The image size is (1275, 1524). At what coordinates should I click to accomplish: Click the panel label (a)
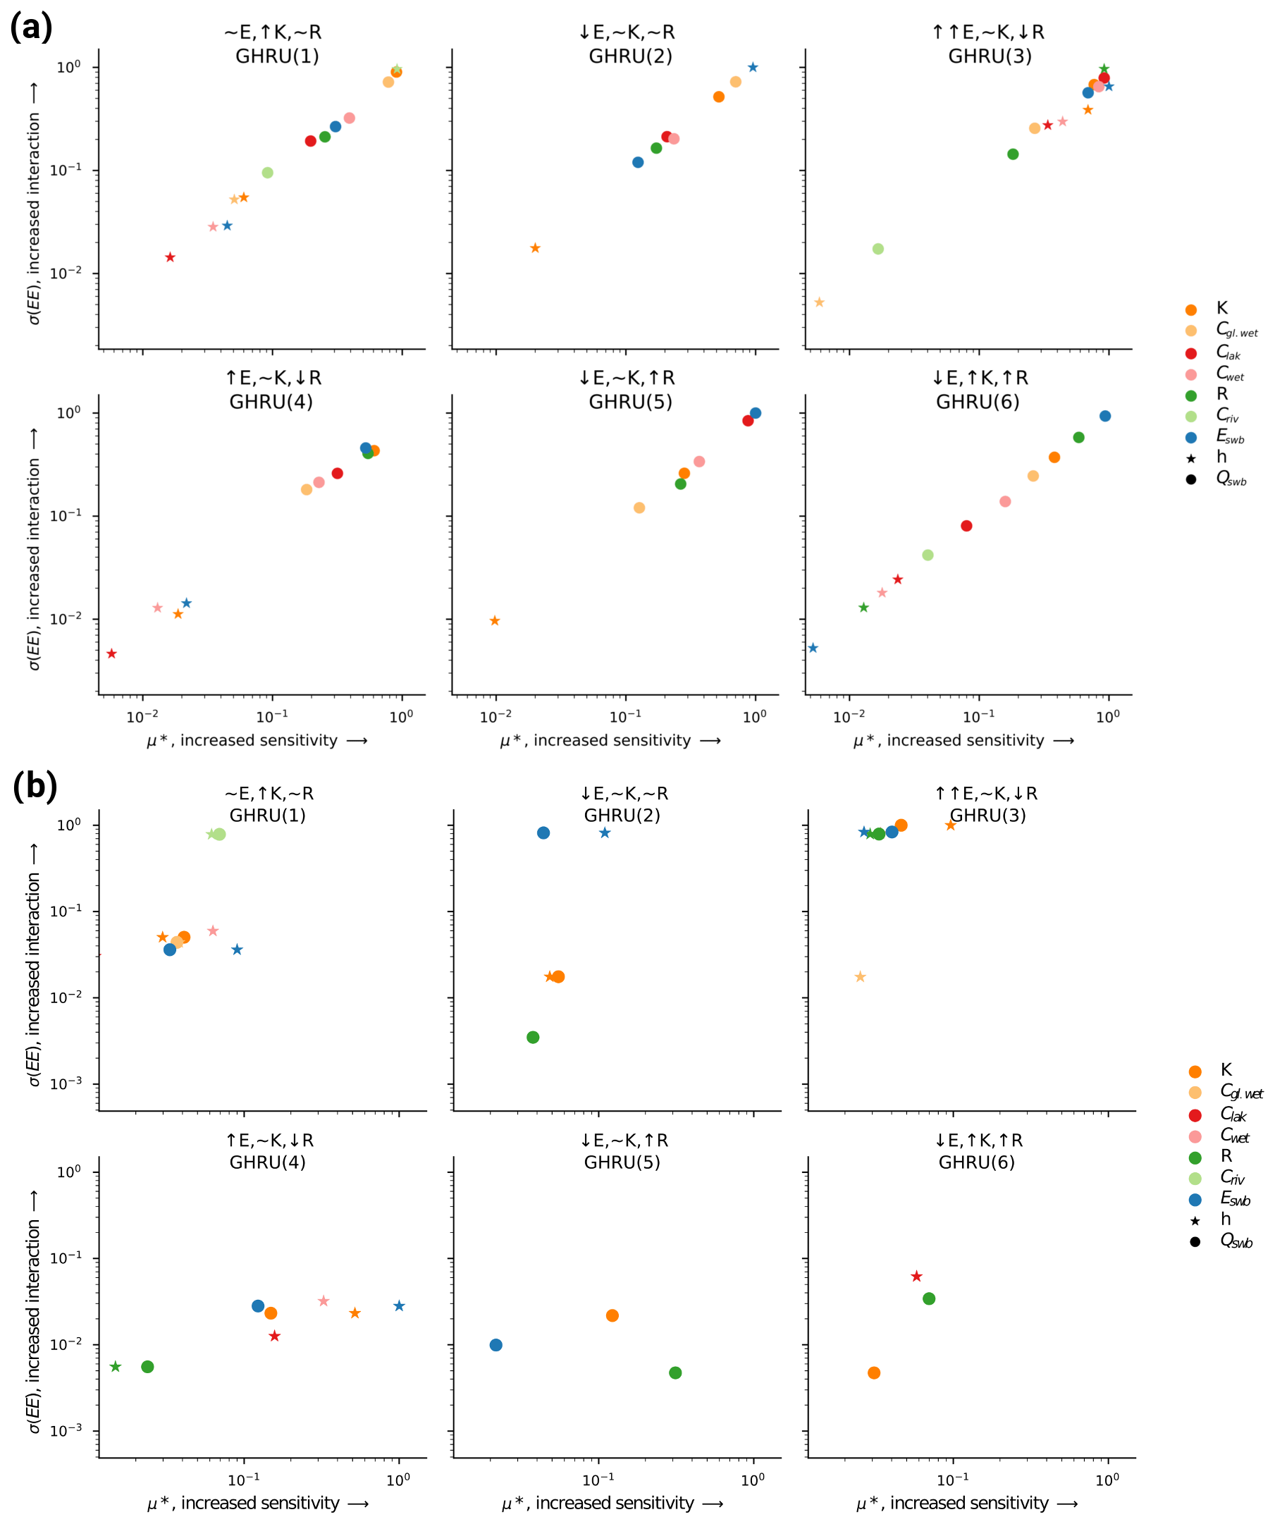pyautogui.click(x=31, y=27)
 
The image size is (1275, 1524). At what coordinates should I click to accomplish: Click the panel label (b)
pyautogui.click(x=35, y=786)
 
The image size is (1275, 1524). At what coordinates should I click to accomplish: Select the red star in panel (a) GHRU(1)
pyautogui.click(x=170, y=257)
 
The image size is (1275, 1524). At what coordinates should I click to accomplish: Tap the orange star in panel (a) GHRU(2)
pyautogui.click(x=535, y=248)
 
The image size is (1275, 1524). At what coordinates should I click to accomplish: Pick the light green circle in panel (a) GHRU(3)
pyautogui.click(x=878, y=249)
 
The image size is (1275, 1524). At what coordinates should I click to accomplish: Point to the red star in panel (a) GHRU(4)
pyautogui.click(x=112, y=654)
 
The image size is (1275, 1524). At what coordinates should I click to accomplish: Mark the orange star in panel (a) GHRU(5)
pyautogui.click(x=495, y=620)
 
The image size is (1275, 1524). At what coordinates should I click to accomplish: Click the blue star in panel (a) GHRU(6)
pyautogui.click(x=813, y=648)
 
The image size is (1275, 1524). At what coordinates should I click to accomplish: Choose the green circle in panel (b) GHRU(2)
pyautogui.click(x=534, y=1037)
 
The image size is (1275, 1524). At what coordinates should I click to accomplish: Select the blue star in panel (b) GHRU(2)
pyautogui.click(x=605, y=833)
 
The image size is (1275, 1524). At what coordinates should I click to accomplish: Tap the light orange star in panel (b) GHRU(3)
pyautogui.click(x=861, y=977)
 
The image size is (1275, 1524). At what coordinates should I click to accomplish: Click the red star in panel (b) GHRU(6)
pyautogui.click(x=916, y=1276)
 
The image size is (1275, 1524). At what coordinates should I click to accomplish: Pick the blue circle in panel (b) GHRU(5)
pyautogui.click(x=495, y=1345)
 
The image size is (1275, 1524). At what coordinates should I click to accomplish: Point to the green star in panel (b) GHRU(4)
pyautogui.click(x=116, y=1367)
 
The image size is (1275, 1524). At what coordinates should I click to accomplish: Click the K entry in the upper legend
pyautogui.click(x=1222, y=309)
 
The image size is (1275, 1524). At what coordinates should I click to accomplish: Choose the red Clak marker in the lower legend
pyautogui.click(x=1195, y=1115)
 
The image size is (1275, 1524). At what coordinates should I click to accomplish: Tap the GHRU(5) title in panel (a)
pyautogui.click(x=631, y=402)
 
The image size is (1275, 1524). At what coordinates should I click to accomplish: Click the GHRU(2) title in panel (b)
pyautogui.click(x=622, y=816)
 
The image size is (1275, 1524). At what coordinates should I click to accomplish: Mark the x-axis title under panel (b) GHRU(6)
pyautogui.click(x=966, y=1503)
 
